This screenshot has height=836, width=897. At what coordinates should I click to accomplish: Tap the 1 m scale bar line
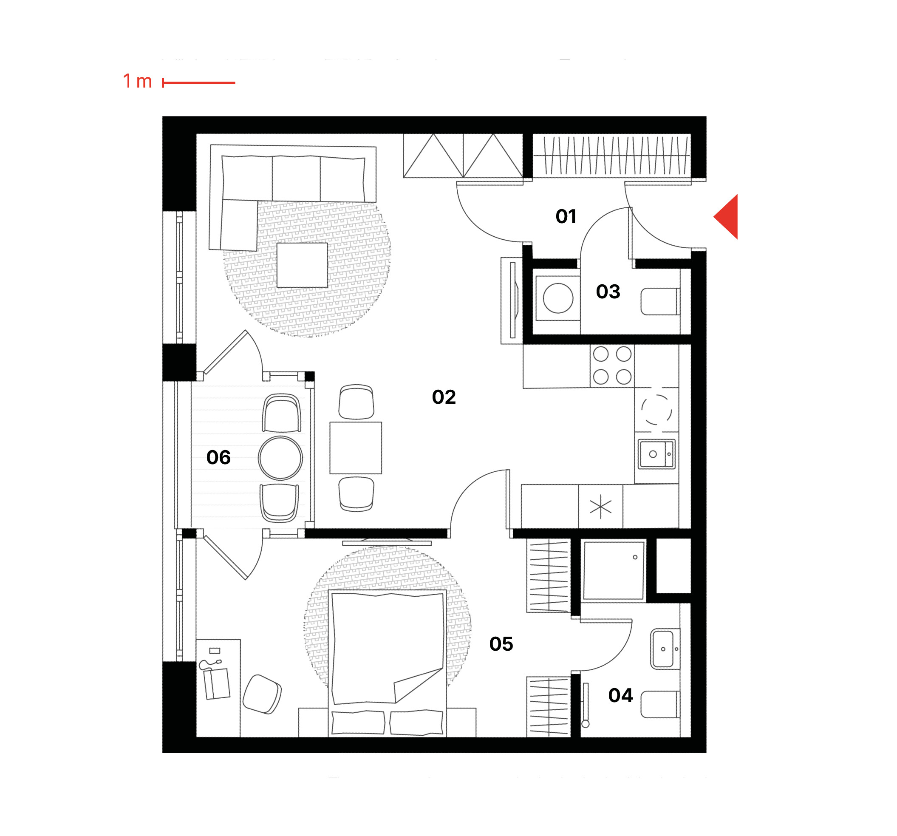[x=198, y=82]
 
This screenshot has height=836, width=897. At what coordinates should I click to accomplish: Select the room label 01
[x=566, y=217]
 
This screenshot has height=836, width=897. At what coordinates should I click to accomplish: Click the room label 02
[x=444, y=397]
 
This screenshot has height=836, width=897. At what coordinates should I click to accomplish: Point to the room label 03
[x=608, y=292]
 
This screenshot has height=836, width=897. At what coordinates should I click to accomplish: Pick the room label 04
[x=620, y=696]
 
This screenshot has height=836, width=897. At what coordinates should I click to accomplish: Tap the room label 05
[x=501, y=644]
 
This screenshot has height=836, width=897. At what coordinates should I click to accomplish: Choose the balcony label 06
[x=218, y=458]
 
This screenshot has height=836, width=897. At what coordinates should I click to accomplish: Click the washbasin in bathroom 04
[x=665, y=649]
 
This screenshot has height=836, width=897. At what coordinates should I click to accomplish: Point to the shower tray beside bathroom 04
[x=614, y=570]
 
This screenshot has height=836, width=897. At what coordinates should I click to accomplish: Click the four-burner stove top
[x=612, y=366]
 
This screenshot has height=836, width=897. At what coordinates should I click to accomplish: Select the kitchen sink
[x=656, y=454]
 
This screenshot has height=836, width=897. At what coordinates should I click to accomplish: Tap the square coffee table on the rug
[x=302, y=266]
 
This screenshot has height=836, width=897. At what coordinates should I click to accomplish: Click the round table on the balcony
[x=280, y=458]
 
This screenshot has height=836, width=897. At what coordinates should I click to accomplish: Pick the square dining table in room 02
[x=356, y=448]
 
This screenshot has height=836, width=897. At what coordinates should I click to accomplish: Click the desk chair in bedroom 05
[x=262, y=694]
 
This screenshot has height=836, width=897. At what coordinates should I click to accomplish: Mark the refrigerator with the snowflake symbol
[x=600, y=507]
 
